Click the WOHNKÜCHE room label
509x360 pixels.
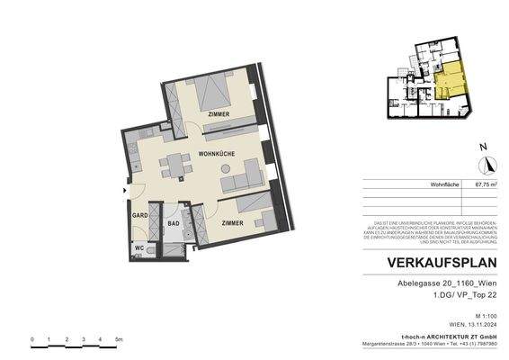(x=217, y=155)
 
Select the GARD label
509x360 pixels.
(x=139, y=216)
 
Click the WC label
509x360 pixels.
(x=139, y=248)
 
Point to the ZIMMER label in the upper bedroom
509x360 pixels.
(x=216, y=115)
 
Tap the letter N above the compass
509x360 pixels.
(x=483, y=146)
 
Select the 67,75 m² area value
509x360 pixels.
(x=486, y=184)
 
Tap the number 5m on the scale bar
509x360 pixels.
(x=119, y=338)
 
